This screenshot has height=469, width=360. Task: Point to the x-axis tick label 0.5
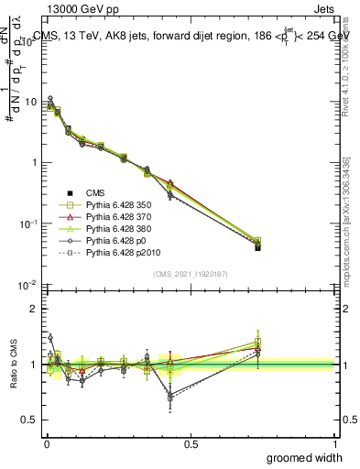(x=191, y=443)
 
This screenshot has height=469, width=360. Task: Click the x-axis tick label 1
(x=335, y=443)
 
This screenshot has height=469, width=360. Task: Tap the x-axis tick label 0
(x=46, y=443)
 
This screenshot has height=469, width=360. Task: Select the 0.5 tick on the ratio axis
(x=32, y=420)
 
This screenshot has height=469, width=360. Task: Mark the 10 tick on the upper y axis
(x=30, y=102)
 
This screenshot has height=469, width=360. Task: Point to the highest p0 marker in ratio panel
(x=50, y=337)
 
